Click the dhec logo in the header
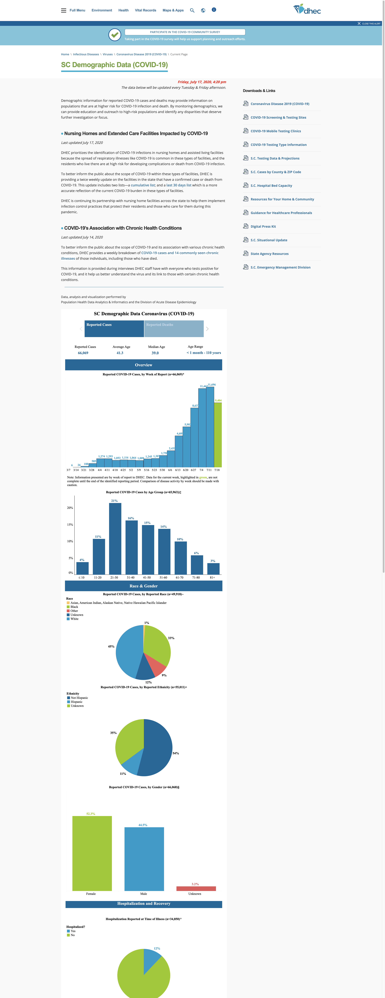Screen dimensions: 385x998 (x=307, y=9)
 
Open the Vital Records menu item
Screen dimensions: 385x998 (x=145, y=10)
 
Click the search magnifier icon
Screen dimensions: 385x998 (x=192, y=10)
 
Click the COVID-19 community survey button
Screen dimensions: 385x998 (x=185, y=32)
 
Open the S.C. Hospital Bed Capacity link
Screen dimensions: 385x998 (x=271, y=186)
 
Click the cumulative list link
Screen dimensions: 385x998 (x=143, y=185)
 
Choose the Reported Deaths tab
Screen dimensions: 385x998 (x=174, y=329)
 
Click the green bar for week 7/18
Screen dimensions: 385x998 (x=218, y=435)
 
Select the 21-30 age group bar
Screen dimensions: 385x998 (x=115, y=538)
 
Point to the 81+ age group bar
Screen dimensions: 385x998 (x=213, y=569)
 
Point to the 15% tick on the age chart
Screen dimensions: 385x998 (x=70, y=525)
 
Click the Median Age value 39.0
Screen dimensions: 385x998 (x=155, y=353)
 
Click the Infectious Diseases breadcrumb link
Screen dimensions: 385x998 (x=86, y=54)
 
